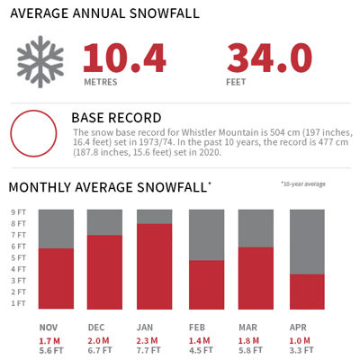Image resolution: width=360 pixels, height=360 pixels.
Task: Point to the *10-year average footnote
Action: coord(302,184)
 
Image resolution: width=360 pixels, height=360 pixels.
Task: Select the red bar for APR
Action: coord(307,292)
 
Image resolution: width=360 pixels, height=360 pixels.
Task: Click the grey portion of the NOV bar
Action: coord(57,229)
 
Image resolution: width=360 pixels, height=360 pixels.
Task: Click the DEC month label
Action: coord(97,327)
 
